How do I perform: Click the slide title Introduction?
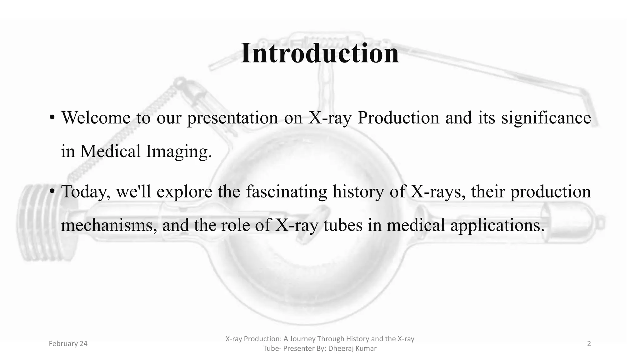(x=320, y=53)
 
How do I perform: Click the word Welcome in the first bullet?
(x=96, y=118)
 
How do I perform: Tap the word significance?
(x=546, y=118)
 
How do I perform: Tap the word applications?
(x=497, y=225)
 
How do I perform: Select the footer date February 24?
(x=68, y=344)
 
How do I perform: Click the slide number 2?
(x=589, y=344)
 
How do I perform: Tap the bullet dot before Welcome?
(x=52, y=118)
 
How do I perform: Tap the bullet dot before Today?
(x=52, y=192)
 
